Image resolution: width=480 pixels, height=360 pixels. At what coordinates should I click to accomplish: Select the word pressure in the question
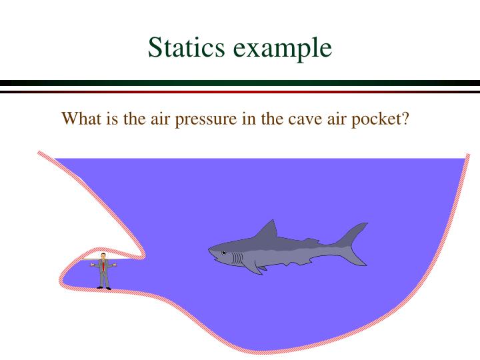coord(206,121)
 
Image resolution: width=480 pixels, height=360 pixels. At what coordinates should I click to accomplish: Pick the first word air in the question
coord(160,121)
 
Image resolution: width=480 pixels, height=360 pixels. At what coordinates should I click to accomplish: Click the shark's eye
coord(224,253)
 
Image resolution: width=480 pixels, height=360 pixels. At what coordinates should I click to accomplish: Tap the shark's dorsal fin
coord(267,231)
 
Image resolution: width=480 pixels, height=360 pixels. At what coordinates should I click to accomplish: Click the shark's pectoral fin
coord(254,267)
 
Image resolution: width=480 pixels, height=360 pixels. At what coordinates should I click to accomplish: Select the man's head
coord(103,257)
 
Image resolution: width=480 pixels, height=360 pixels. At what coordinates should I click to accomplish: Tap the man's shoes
coord(103,287)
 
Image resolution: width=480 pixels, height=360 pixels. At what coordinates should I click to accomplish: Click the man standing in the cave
coord(103,272)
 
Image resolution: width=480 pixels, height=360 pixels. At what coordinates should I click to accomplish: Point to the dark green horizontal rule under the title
coord(240,83)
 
